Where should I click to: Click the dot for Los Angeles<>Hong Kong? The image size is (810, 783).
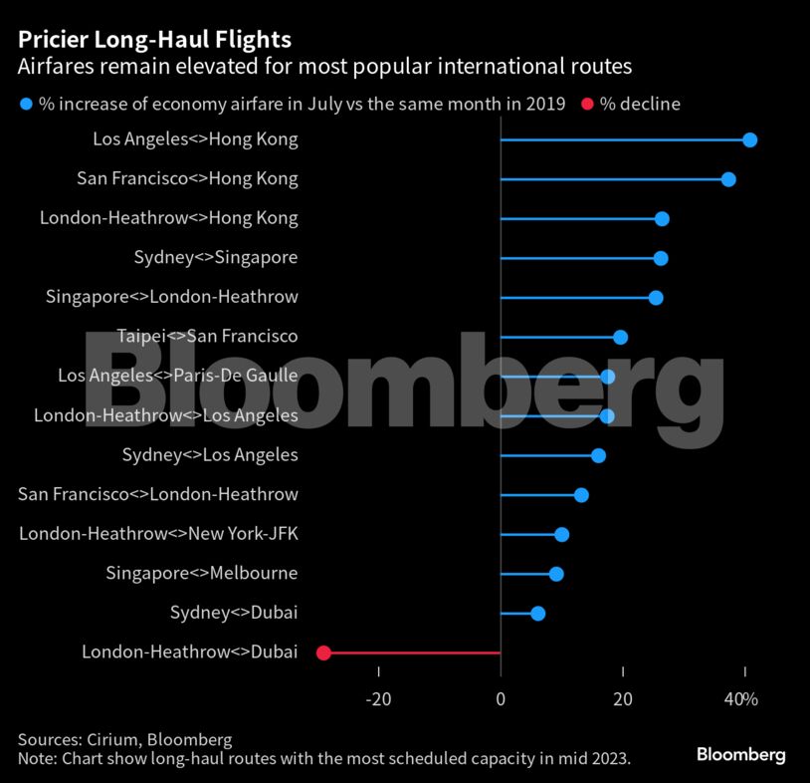pyautogui.click(x=749, y=140)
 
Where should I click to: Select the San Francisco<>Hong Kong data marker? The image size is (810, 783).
pyautogui.click(x=728, y=179)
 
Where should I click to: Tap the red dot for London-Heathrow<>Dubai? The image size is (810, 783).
pyautogui.click(x=323, y=652)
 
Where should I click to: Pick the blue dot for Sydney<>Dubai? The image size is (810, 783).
pyautogui.click(x=537, y=613)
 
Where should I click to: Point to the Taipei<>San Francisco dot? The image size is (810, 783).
pyautogui.click(x=620, y=337)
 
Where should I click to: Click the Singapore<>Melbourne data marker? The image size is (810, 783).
pyautogui.click(x=556, y=574)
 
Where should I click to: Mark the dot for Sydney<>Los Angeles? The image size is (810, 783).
pyautogui.click(x=598, y=455)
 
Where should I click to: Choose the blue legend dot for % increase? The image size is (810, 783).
pyautogui.click(x=26, y=104)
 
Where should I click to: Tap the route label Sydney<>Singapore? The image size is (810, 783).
pyautogui.click(x=216, y=258)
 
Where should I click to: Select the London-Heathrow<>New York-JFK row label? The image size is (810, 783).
pyautogui.click(x=158, y=534)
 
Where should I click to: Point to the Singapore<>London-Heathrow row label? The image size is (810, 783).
pyautogui.click(x=172, y=297)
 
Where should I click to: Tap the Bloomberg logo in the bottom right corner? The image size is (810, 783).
pyautogui.click(x=740, y=755)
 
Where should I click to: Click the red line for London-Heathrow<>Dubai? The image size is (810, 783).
pyautogui.click(x=413, y=652)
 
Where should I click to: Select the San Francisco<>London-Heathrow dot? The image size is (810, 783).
pyautogui.click(x=581, y=495)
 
